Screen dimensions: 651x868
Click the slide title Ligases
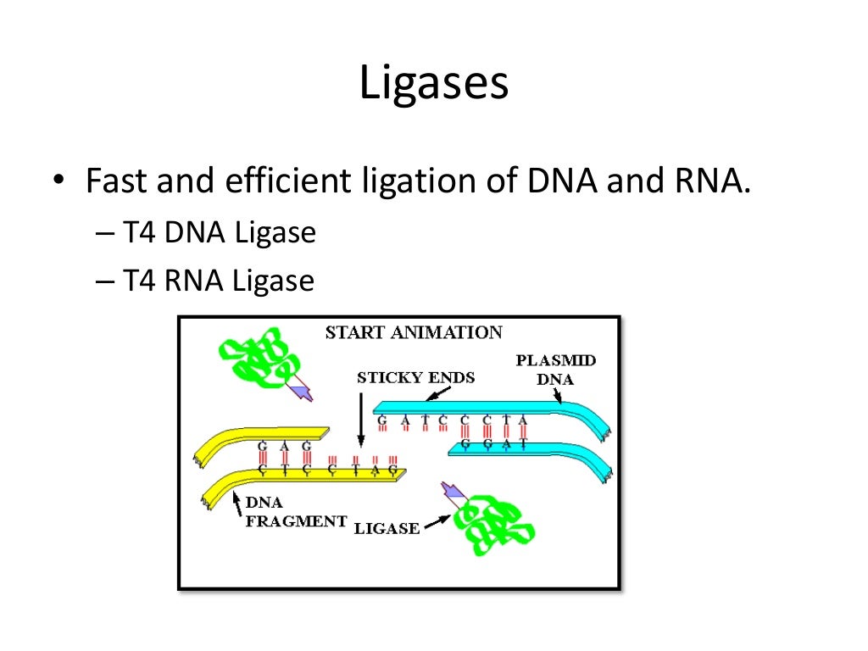click(x=433, y=84)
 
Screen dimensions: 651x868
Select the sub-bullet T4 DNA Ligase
click(x=219, y=232)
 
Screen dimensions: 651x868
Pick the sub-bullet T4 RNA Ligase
click(x=218, y=281)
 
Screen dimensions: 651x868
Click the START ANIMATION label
click(x=414, y=332)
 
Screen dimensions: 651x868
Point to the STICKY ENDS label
click(x=415, y=377)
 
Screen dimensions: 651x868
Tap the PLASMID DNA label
click(x=555, y=370)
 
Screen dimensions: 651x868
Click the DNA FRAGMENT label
click(x=295, y=512)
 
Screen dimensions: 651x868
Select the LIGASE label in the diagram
click(x=387, y=528)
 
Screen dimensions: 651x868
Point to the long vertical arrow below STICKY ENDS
click(x=361, y=415)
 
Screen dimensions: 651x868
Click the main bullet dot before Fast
click(x=58, y=182)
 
